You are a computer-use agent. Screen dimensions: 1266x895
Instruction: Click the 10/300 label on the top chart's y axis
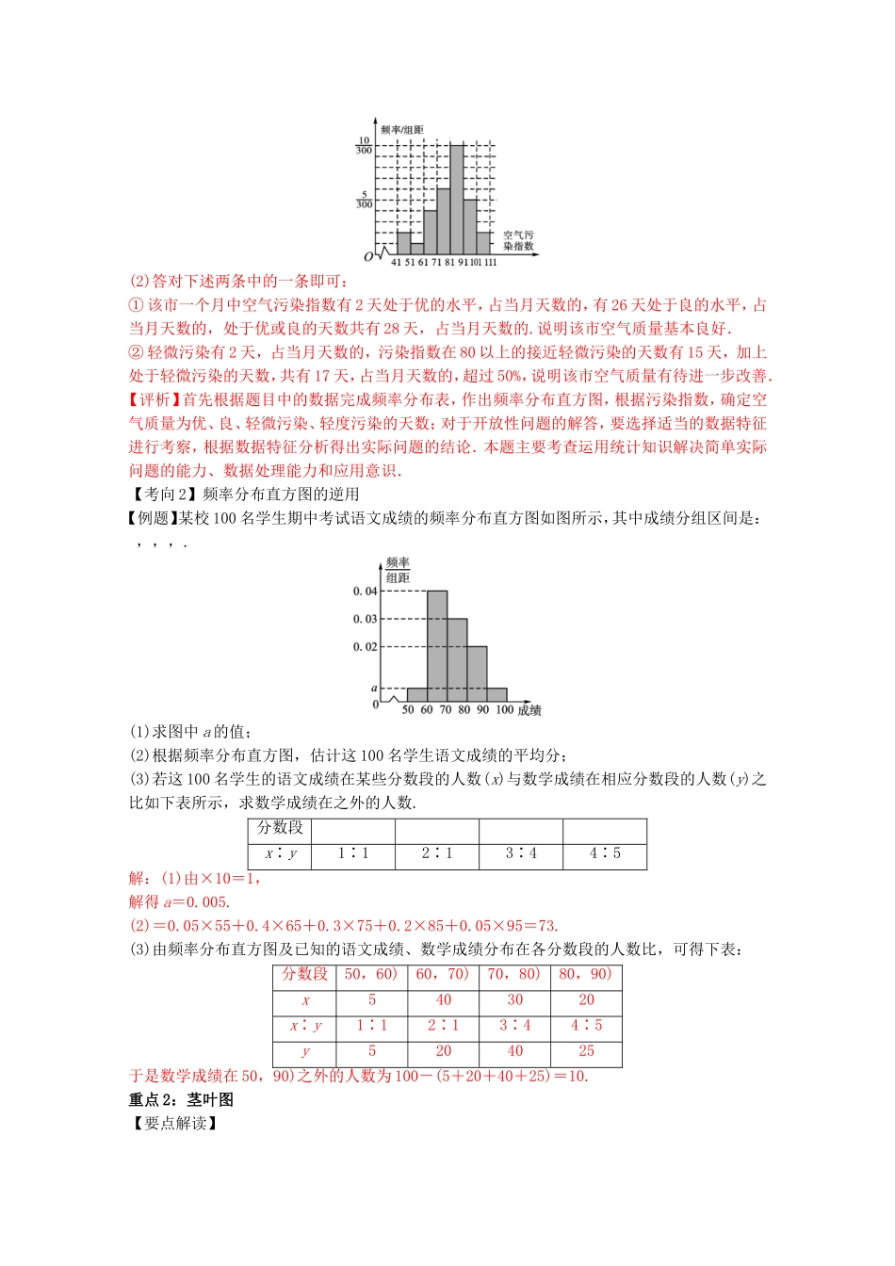pyautogui.click(x=364, y=145)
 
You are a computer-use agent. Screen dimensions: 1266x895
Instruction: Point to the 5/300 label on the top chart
pyautogui.click(x=364, y=199)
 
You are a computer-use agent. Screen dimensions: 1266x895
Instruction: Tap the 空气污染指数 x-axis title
pyautogui.click(x=518, y=240)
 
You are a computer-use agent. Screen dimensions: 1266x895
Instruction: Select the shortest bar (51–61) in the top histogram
pyautogui.click(x=417, y=250)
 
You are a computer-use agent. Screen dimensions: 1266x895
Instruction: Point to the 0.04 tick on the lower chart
pyautogui.click(x=365, y=592)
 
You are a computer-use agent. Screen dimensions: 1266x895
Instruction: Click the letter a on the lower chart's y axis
pyautogui.click(x=374, y=689)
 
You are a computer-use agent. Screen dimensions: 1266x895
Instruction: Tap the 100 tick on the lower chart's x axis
pyautogui.click(x=505, y=710)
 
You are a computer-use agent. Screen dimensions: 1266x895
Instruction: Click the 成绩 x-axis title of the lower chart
pyautogui.click(x=529, y=710)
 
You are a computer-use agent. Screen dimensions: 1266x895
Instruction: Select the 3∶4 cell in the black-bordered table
pyautogui.click(x=521, y=853)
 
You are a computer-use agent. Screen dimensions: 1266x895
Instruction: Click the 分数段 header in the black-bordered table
pyautogui.click(x=280, y=828)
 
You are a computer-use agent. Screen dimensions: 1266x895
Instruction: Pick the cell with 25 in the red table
pyautogui.click(x=586, y=1051)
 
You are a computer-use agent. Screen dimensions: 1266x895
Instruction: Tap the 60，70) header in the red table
pyautogui.click(x=443, y=974)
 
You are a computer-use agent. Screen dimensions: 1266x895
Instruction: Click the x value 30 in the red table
pyautogui.click(x=514, y=1000)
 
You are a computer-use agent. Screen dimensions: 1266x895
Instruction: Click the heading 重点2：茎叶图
pyautogui.click(x=181, y=1099)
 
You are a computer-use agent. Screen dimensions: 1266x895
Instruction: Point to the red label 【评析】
pyautogui.click(x=155, y=399)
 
